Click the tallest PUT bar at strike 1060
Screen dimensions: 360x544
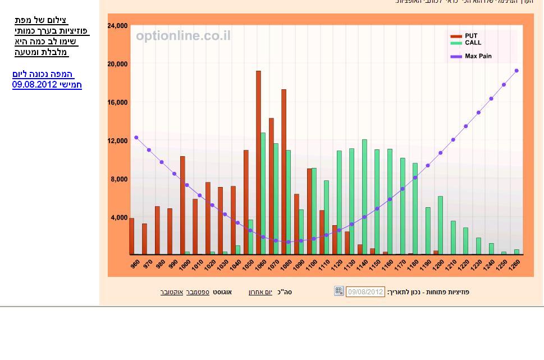[258, 163]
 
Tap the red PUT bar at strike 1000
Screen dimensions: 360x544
[182, 205]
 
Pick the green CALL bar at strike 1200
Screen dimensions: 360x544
[440, 225]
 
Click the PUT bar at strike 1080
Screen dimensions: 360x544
[284, 172]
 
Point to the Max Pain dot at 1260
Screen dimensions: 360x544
[516, 71]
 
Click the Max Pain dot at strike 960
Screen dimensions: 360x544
[136, 138]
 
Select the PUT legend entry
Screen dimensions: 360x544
[470, 36]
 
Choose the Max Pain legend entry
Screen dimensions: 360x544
[478, 56]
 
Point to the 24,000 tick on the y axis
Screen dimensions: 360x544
[117, 26]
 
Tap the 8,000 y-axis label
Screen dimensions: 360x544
[119, 179]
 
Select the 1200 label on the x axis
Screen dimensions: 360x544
[437, 265]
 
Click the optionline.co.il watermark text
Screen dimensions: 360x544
[183, 36]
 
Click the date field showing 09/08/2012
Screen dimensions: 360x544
[365, 292]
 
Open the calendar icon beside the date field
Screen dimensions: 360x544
[339, 291]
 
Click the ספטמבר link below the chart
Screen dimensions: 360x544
[198, 292]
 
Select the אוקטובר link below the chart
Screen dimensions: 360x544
[172, 292]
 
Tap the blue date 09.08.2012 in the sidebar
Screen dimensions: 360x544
[47, 85]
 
